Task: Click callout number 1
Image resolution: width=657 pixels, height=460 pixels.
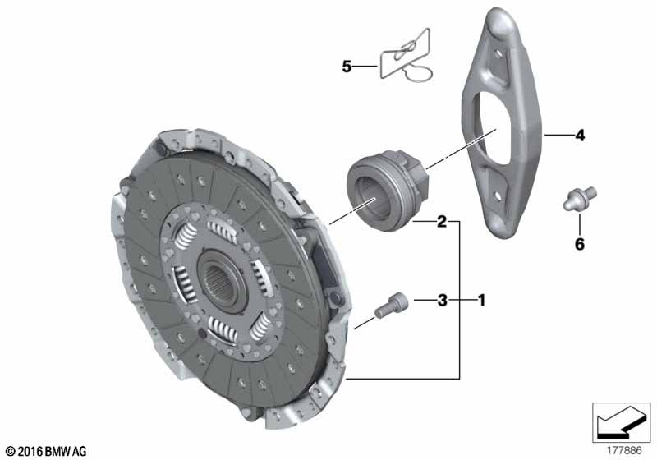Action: (481, 301)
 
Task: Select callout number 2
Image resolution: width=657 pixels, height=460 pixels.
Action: (442, 221)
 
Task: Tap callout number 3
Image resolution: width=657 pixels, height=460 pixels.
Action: (442, 301)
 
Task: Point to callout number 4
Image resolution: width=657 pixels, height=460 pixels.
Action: (579, 136)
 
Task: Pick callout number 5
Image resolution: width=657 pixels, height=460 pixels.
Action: (347, 66)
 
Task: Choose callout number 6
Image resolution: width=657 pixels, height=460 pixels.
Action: (579, 244)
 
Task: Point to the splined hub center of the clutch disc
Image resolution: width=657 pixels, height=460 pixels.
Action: (219, 283)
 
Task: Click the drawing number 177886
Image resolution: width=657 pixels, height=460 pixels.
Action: (624, 450)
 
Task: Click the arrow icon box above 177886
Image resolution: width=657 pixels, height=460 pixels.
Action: (622, 422)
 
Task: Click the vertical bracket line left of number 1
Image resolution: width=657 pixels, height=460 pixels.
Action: (460, 301)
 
